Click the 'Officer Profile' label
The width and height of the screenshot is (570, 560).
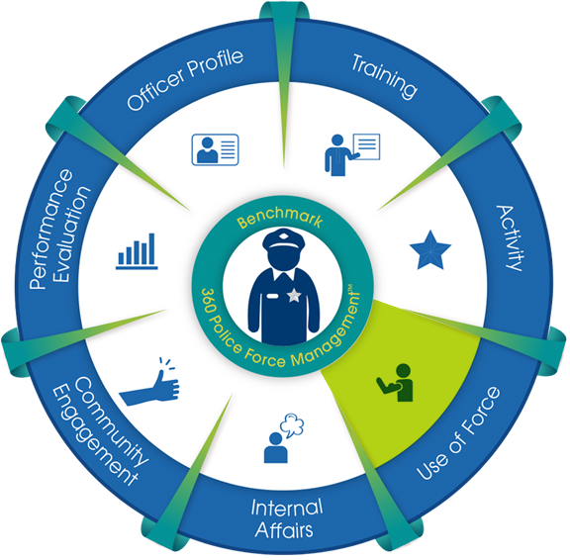pyautogui.click(x=185, y=79)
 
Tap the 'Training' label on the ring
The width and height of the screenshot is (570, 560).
pyautogui.click(x=385, y=76)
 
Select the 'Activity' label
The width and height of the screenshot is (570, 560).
pyautogui.click(x=511, y=238)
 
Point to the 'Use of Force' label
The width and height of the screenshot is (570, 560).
pyautogui.click(x=458, y=433)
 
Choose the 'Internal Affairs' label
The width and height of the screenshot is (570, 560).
pyautogui.click(x=287, y=518)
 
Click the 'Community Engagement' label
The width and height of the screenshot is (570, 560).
pyautogui.click(x=101, y=430)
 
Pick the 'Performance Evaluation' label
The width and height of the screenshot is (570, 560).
pyautogui.click(x=59, y=229)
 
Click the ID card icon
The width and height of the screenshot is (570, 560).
pyautogui.click(x=215, y=149)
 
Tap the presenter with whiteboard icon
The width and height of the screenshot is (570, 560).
pyautogui.click(x=352, y=154)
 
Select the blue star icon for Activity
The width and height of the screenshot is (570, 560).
pyautogui.click(x=430, y=250)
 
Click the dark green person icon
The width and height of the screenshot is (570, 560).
pyautogui.click(x=396, y=382)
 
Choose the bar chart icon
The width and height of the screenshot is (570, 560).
pyautogui.click(x=137, y=251)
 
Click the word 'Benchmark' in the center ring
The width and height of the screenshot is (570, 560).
pyautogui.click(x=279, y=217)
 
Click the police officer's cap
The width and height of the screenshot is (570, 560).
pyautogui.click(x=284, y=239)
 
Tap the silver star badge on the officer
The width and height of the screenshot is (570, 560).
pyautogui.click(x=294, y=296)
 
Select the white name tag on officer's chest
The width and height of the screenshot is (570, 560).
pyautogui.click(x=272, y=296)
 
